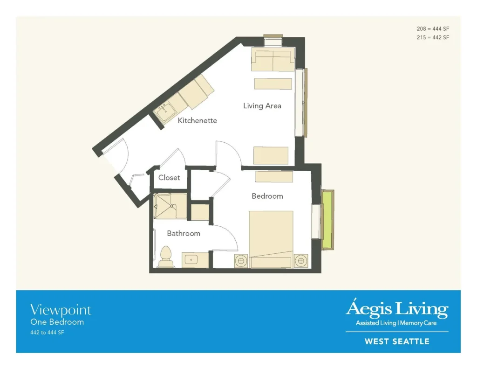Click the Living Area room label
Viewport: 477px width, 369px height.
(x=262, y=106)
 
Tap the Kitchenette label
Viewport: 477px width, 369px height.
(x=197, y=120)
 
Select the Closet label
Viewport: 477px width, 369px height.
(x=169, y=177)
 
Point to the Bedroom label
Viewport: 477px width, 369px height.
(x=267, y=196)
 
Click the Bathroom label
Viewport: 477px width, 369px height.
(x=184, y=233)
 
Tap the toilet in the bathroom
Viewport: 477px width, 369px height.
(x=166, y=257)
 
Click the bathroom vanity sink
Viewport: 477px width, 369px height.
(x=191, y=260)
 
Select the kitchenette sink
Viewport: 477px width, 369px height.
(x=164, y=110)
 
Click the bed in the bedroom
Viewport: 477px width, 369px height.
(x=271, y=239)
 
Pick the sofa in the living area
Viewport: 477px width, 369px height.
(x=273, y=59)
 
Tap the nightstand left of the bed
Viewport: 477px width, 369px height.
(x=241, y=261)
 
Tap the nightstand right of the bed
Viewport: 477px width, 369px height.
(x=301, y=261)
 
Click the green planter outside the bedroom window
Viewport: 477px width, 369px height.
(x=327, y=220)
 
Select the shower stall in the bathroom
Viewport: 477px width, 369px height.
(x=170, y=206)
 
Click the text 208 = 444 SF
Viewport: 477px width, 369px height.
(x=433, y=28)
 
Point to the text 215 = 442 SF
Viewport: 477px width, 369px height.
(x=433, y=37)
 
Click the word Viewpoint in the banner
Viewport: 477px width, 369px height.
(x=61, y=310)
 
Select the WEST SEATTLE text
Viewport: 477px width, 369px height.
(x=397, y=341)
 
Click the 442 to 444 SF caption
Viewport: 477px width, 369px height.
(x=47, y=333)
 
